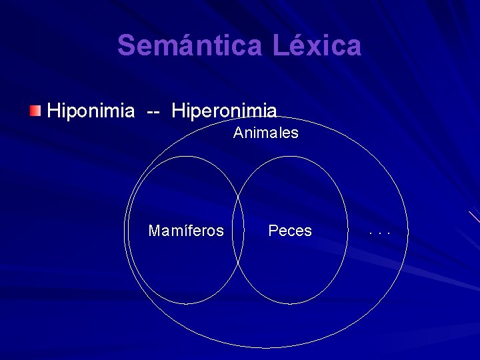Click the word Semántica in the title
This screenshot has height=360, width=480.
pos(190,45)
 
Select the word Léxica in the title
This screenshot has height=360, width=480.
pos(317,45)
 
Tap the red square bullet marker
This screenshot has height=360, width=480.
pos(35,109)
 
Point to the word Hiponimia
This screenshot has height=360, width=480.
pos(91,110)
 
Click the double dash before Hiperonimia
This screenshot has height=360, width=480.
pos(153,111)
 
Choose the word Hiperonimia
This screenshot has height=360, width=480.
pos(224,110)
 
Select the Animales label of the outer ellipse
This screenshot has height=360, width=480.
pos(266,133)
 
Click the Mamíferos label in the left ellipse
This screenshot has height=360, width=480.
pos(186,231)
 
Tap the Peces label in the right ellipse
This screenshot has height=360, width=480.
pos(290,231)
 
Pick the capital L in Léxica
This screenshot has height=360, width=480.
pos(280,46)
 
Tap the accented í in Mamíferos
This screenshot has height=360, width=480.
pos(178,231)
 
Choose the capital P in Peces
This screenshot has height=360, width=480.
pos(273,231)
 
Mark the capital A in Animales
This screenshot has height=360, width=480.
pos(238,133)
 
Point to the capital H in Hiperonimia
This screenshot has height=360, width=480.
pos(177,110)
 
